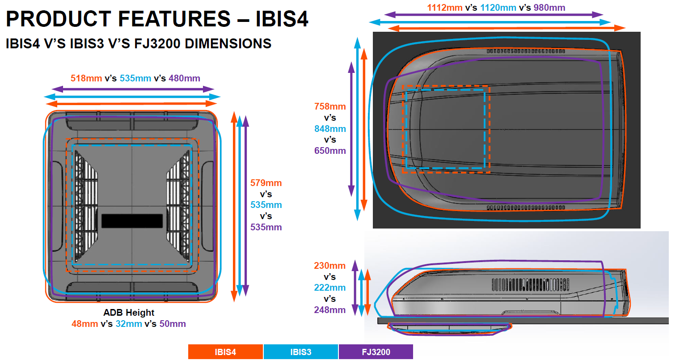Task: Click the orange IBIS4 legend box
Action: point(225,352)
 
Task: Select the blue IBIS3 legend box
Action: point(301,352)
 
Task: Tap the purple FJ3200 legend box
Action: point(376,352)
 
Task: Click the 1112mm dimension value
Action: point(444,8)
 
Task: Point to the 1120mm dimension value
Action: point(498,8)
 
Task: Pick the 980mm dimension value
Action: point(549,8)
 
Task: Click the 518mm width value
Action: point(86,78)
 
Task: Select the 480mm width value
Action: point(185,78)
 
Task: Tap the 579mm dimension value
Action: point(266,183)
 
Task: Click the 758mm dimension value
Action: point(330,106)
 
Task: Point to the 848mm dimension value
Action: point(330,129)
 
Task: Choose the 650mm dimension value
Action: point(330,151)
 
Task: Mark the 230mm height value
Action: point(330,266)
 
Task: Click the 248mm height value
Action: point(330,310)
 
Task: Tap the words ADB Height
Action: point(129,313)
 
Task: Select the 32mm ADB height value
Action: point(129,324)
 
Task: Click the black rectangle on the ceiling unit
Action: point(132,221)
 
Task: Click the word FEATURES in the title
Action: point(174,19)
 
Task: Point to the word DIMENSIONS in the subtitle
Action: point(228,44)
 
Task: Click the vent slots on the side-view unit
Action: point(530,284)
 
